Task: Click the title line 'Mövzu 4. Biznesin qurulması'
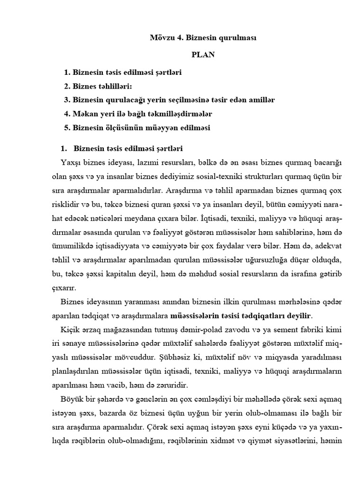[x=203, y=38]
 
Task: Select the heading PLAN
[x=203, y=55]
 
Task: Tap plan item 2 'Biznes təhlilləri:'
[x=104, y=87]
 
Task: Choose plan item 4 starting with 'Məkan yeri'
[x=137, y=114]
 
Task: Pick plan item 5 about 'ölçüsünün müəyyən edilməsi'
[x=137, y=128]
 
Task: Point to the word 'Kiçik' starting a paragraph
[x=70, y=329]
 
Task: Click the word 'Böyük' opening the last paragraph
[x=72, y=399]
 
